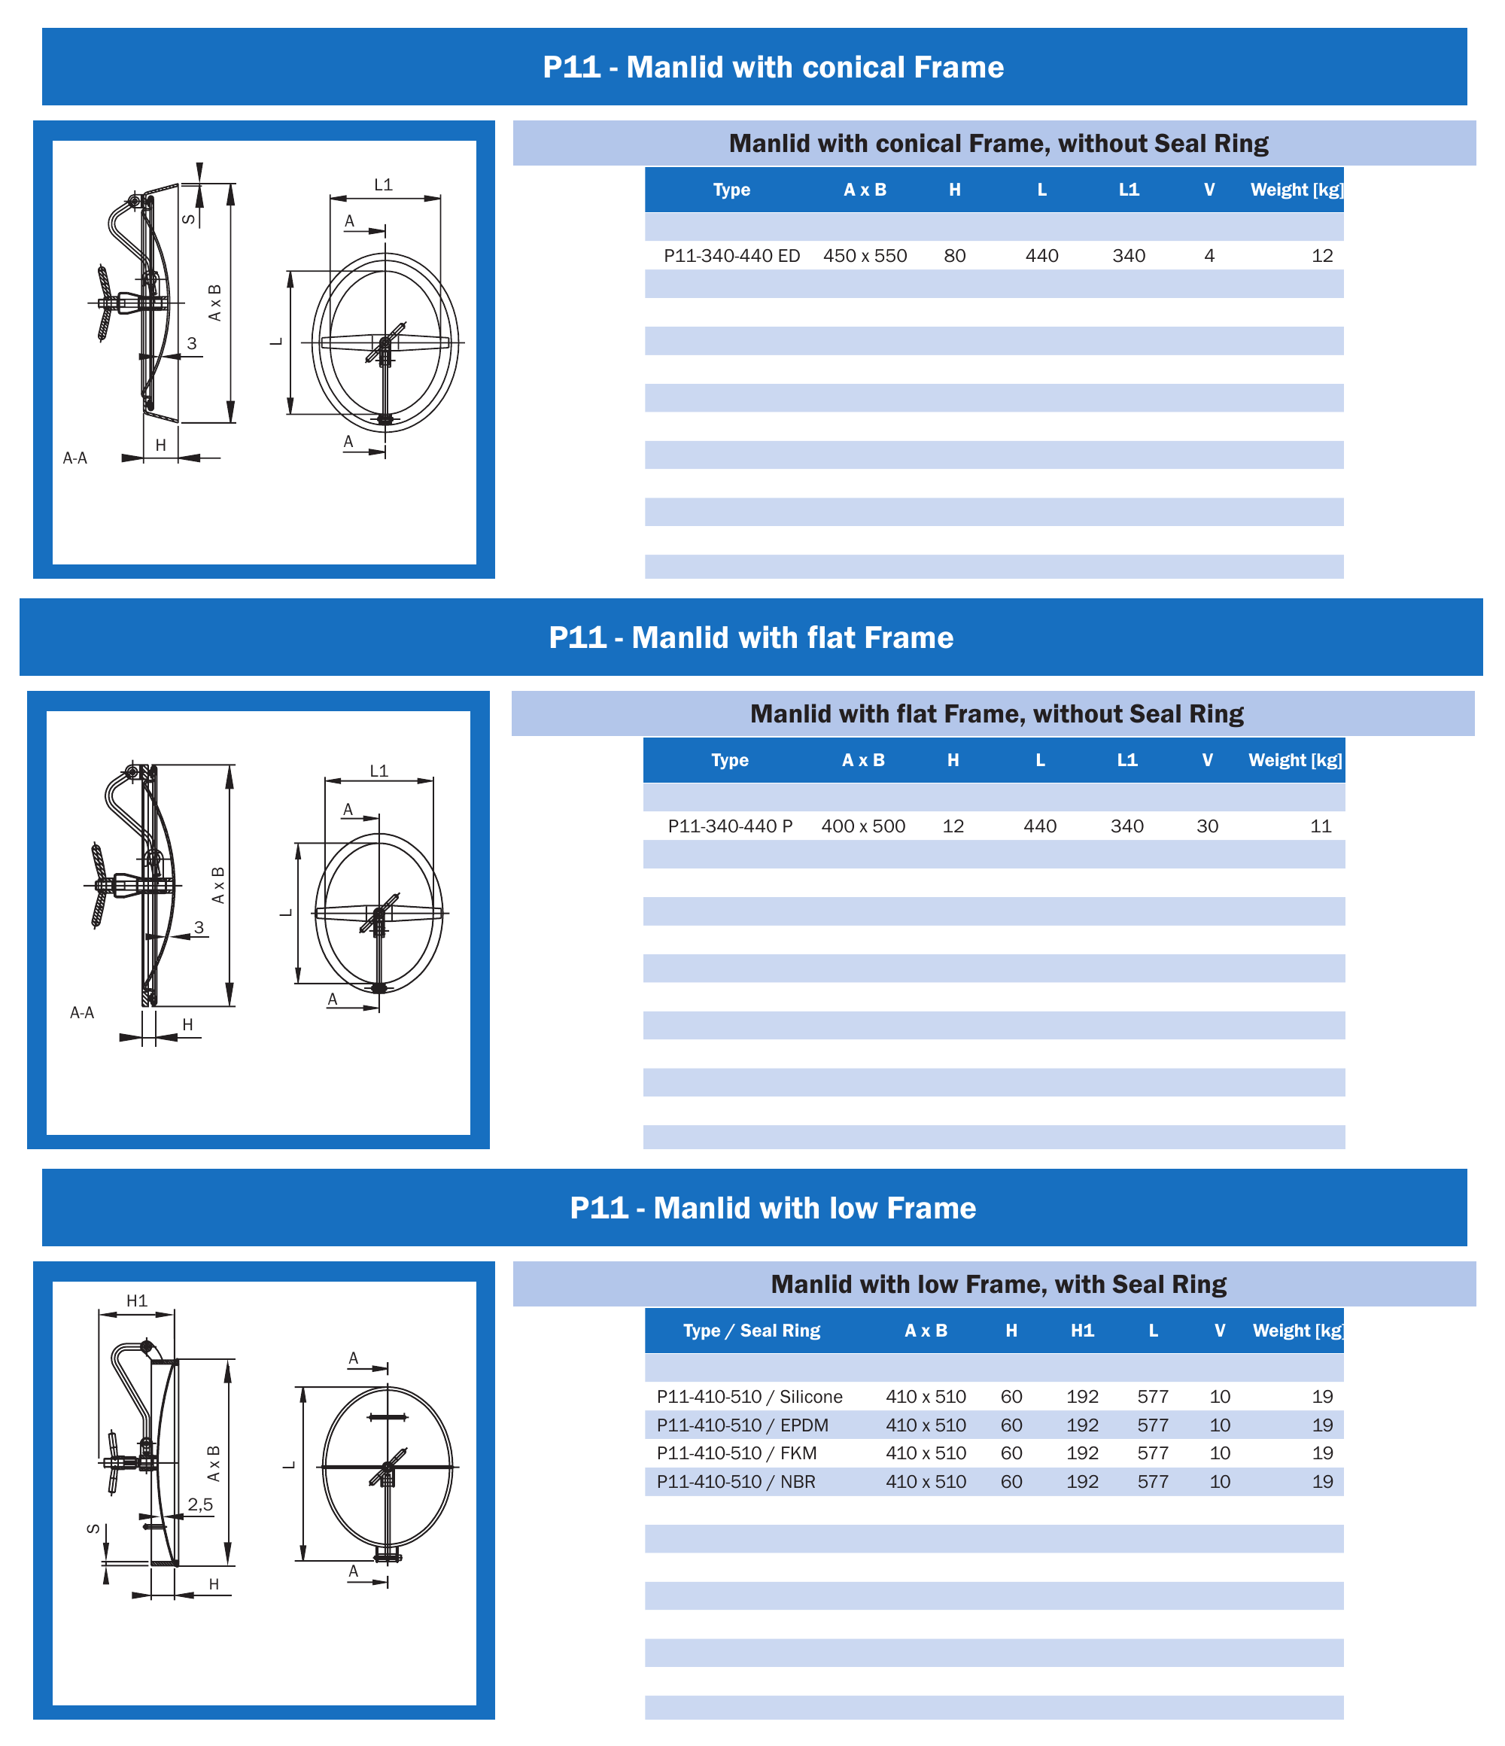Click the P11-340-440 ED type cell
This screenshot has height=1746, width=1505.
(731, 256)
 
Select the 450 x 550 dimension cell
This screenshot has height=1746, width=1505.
(865, 256)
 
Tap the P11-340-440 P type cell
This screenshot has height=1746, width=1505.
(730, 826)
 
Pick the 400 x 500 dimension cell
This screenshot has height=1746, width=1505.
(863, 826)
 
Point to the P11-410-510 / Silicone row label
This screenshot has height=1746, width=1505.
(749, 1397)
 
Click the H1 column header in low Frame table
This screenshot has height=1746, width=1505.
(1082, 1331)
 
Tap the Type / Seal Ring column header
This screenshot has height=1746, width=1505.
(752, 1331)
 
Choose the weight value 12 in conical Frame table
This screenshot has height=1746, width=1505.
(1322, 256)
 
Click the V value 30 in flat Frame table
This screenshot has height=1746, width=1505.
(1207, 826)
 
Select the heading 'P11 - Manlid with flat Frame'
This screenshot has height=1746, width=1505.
(751, 638)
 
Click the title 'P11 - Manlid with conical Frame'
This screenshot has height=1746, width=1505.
(773, 68)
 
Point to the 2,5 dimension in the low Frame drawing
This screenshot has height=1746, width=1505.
(201, 1504)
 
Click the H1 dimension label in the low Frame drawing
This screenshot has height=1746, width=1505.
(136, 1301)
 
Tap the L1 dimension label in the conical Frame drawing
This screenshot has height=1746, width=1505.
(384, 184)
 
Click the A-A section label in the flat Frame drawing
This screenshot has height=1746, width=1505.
(82, 1013)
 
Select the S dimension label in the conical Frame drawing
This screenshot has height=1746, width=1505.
(189, 219)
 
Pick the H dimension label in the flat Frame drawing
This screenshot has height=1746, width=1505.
(188, 1025)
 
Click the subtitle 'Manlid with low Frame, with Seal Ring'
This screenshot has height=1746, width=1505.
(999, 1284)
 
